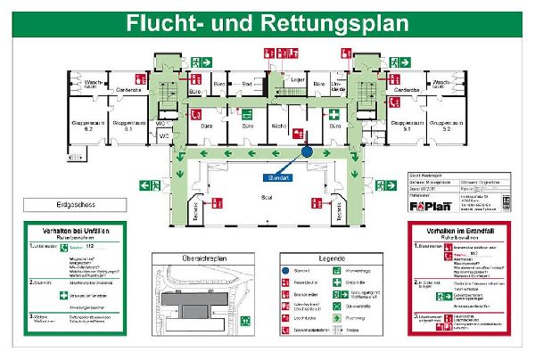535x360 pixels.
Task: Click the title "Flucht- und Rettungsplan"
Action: (261, 20)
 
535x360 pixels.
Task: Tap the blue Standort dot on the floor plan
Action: (307, 152)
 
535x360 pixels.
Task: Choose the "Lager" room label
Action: (299, 81)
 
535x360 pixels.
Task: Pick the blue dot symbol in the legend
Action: (285, 270)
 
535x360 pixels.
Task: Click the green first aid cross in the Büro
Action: (334, 115)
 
